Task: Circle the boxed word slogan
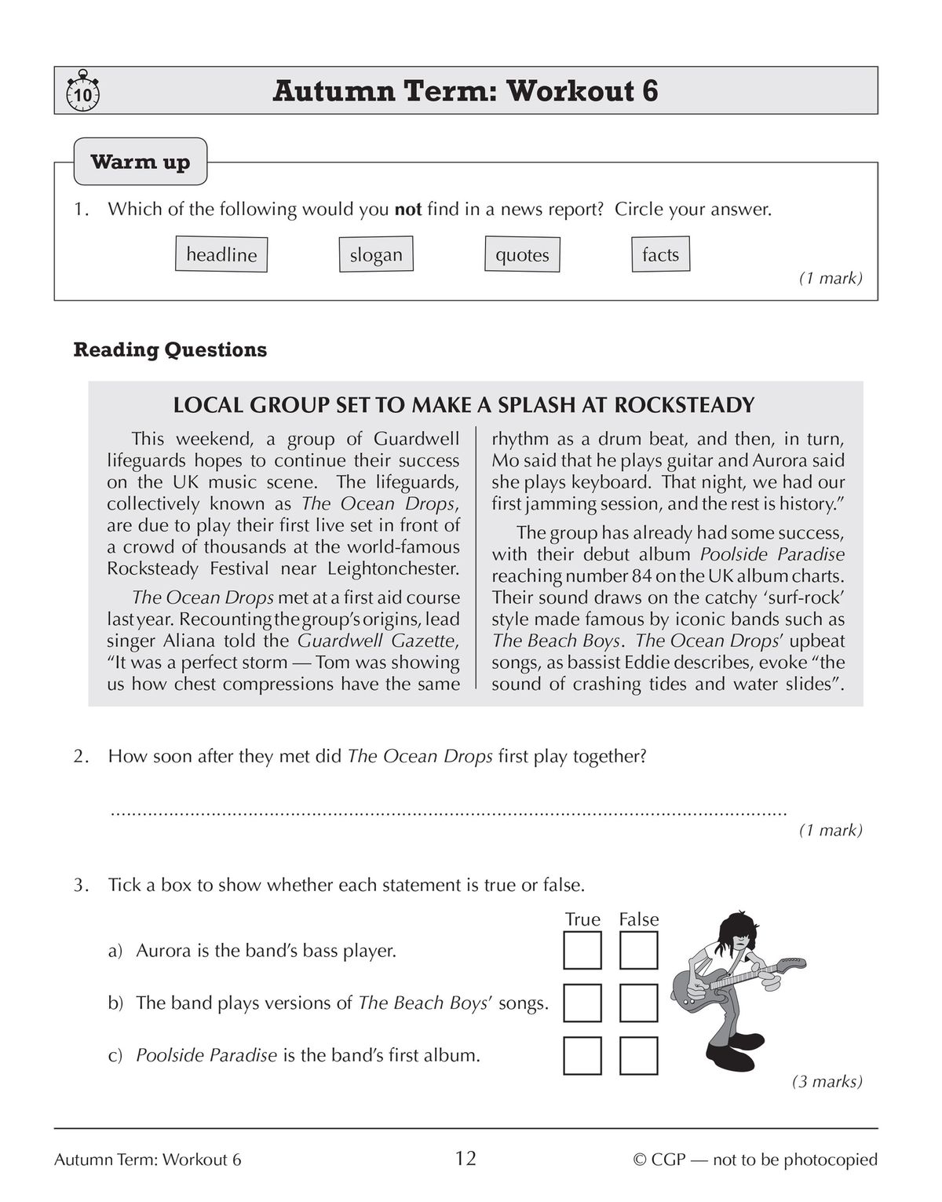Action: tap(376, 255)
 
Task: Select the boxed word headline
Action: tap(221, 255)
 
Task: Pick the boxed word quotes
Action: tap(522, 255)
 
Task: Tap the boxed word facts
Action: tap(660, 254)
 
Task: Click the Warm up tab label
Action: tap(141, 163)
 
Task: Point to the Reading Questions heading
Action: tap(170, 349)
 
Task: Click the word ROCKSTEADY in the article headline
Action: tap(684, 405)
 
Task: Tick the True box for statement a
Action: tap(582, 951)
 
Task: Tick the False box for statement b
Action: tap(638, 1003)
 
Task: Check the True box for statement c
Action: tap(582, 1056)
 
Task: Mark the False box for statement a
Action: tap(638, 951)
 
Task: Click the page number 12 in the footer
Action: tap(466, 1159)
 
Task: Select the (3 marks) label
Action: tap(827, 1082)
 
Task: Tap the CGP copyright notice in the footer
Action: tap(755, 1160)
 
